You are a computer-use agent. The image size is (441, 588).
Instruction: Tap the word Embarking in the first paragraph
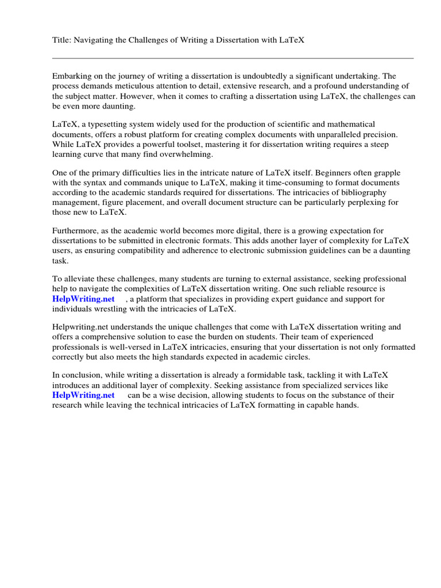pos(72,76)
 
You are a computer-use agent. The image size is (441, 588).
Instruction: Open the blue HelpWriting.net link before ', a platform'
pos(83,299)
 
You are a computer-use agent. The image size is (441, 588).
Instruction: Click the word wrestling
pos(117,310)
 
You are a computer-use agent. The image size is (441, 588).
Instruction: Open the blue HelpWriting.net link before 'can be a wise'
pos(83,395)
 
